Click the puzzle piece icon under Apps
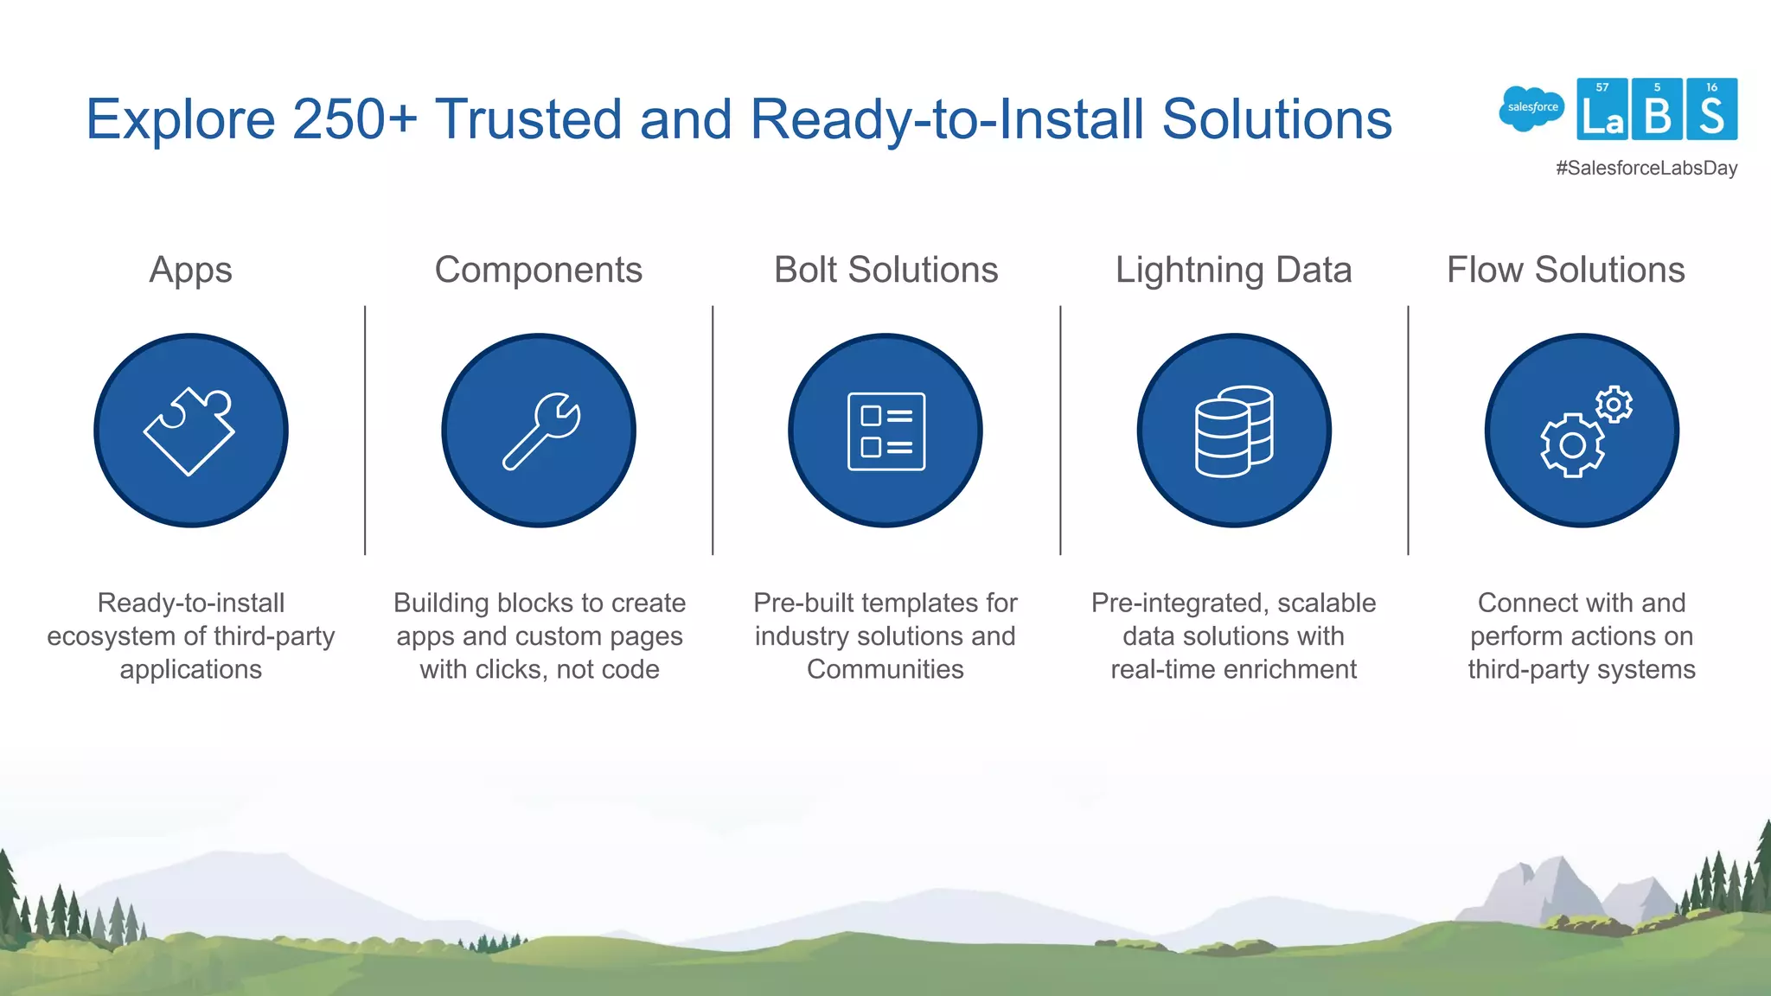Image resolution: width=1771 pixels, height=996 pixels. point(189,431)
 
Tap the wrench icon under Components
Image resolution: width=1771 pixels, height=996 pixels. point(541,431)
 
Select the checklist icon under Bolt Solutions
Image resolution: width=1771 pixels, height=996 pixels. point(886,431)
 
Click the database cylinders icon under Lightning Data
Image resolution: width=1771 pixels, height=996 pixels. point(1234,431)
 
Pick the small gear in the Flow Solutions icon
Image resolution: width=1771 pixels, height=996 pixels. point(1614,404)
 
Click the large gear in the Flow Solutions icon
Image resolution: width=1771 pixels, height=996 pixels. point(1572,445)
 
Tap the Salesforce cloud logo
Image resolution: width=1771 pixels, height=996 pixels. point(1531,109)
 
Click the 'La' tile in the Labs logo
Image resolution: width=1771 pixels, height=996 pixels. point(1602,110)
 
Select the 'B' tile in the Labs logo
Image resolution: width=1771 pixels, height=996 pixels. point(1657,110)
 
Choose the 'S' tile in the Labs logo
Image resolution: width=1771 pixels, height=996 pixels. point(1711,110)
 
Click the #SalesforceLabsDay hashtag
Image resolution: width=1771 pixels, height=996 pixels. point(1646,168)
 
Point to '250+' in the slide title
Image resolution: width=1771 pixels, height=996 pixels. point(355,118)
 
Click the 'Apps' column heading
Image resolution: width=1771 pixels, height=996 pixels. point(190,270)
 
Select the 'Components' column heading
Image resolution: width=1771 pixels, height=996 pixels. point(538,270)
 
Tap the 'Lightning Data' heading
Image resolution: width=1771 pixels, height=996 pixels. point(1233,270)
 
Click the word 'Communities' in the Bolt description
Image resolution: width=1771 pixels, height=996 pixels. point(885,669)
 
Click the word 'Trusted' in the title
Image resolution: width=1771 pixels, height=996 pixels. point(527,118)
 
